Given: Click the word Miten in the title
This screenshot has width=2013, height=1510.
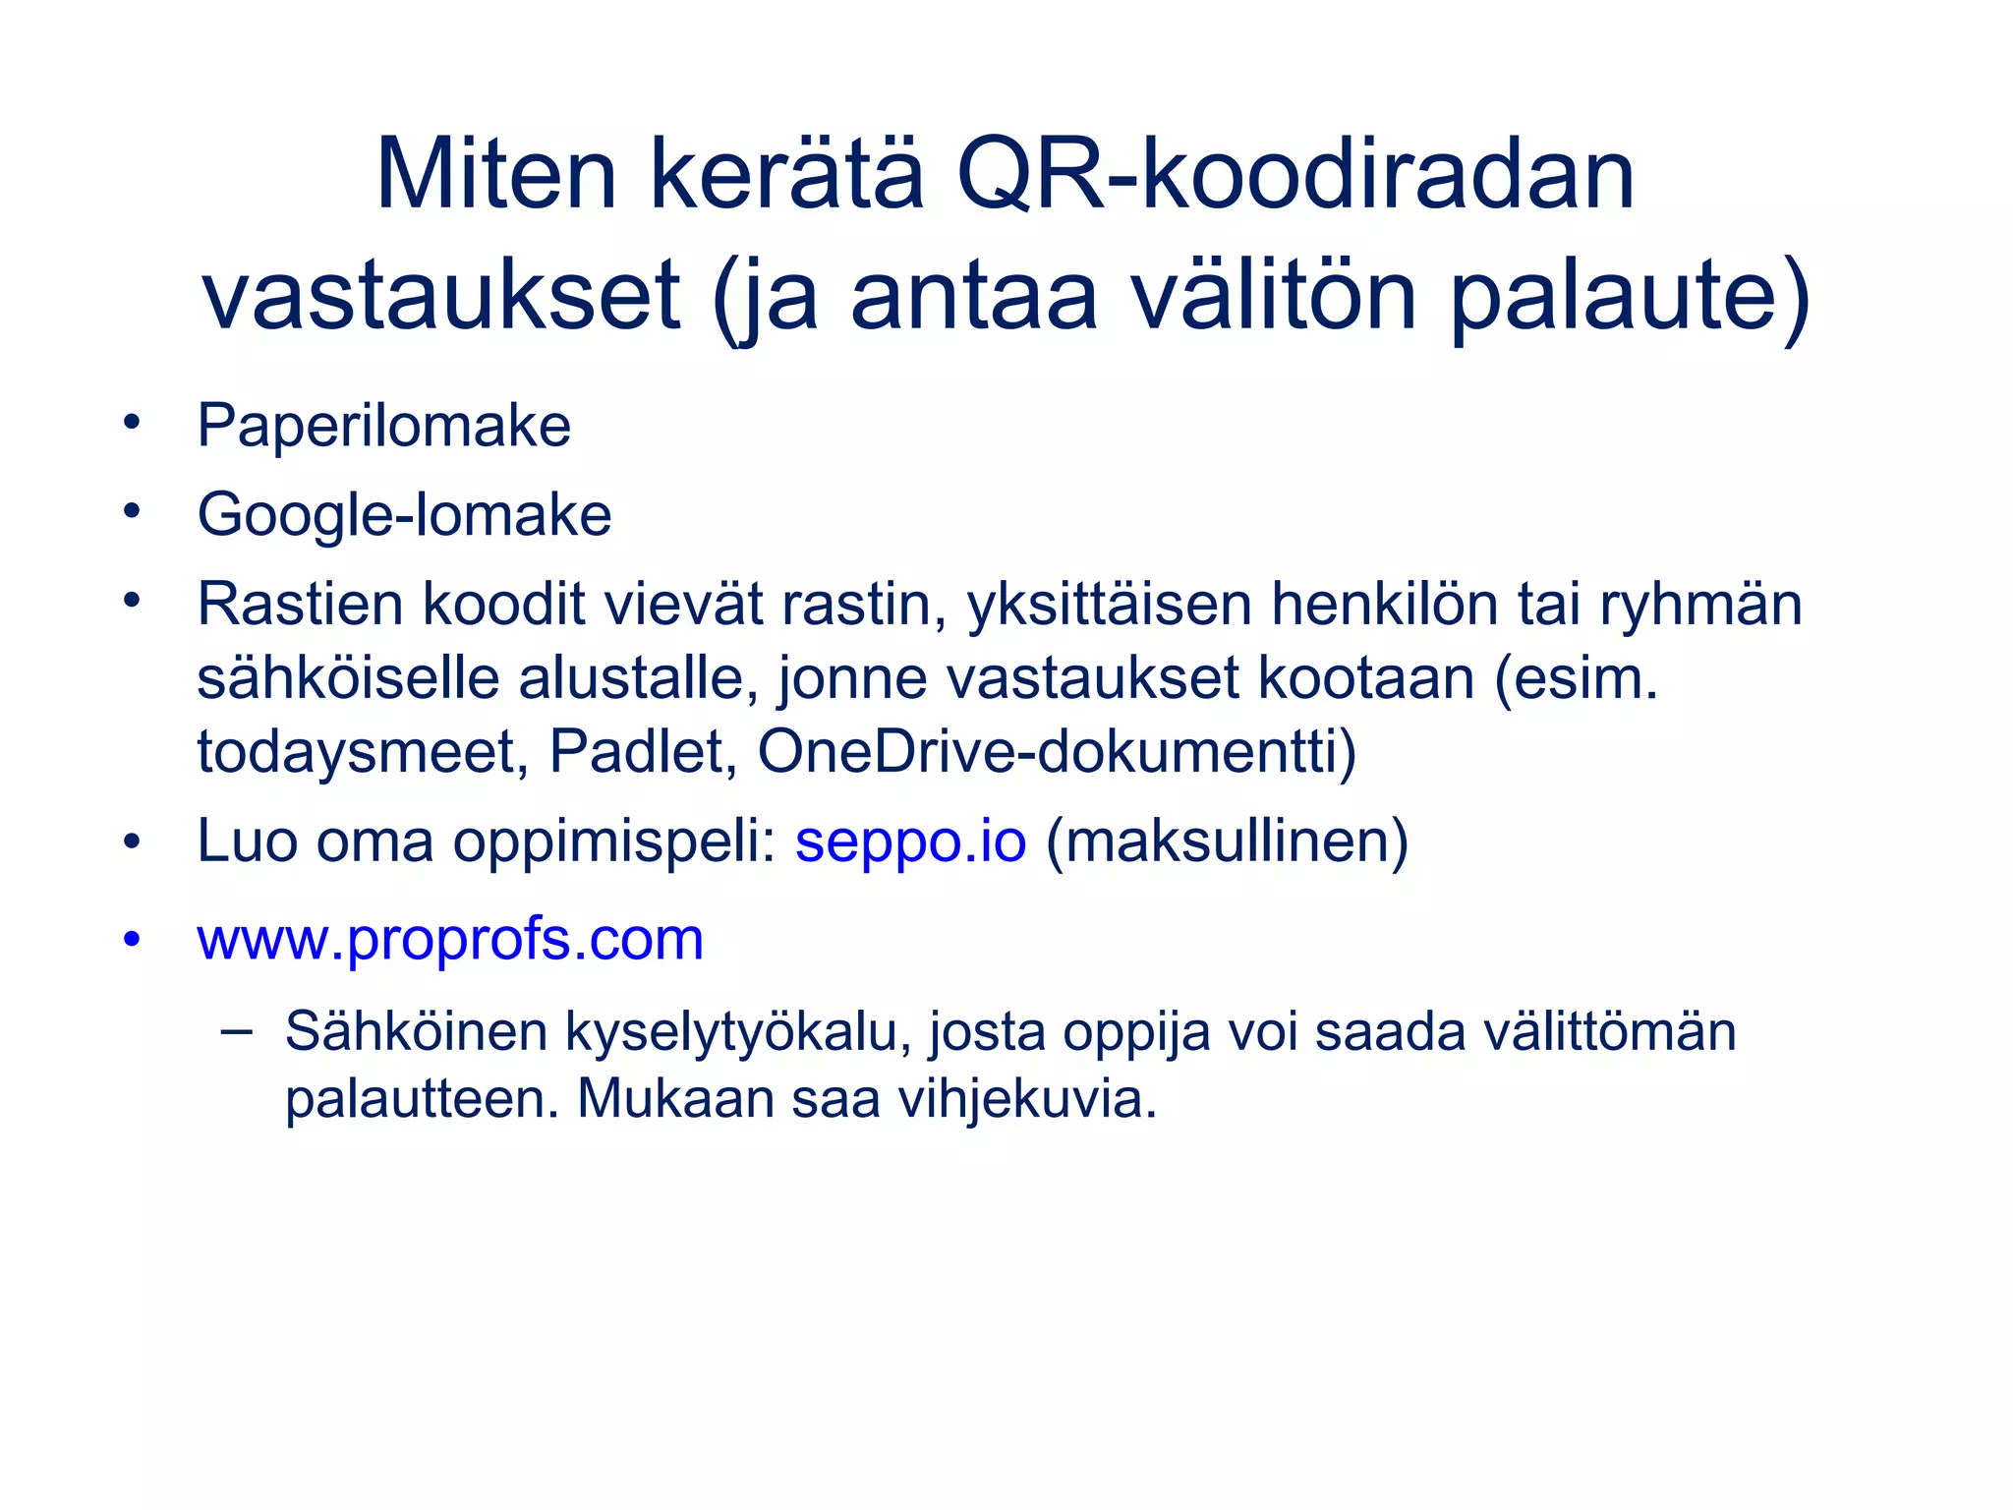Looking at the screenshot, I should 495,175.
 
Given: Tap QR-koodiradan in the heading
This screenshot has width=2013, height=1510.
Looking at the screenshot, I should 1294,175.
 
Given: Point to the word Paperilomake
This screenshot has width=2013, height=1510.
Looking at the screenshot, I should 383,427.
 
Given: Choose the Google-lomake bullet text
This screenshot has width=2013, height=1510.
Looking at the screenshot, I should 404,515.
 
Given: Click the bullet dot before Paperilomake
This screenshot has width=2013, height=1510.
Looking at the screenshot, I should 132,424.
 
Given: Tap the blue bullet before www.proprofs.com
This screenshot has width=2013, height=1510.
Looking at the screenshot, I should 132,938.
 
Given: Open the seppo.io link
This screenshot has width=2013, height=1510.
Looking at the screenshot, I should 910,842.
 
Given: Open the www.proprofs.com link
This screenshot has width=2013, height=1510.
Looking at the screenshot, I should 450,940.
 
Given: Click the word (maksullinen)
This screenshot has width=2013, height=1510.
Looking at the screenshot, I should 1227,842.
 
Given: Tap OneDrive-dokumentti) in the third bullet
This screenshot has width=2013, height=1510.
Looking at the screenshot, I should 1057,752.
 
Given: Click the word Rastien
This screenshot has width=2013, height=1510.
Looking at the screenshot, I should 299,604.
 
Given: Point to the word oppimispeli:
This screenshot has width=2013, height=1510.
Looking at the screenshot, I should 614,842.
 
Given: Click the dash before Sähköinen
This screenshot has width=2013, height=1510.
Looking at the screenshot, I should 236,1031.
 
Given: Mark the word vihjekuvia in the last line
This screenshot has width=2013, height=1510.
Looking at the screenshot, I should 1027,1099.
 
